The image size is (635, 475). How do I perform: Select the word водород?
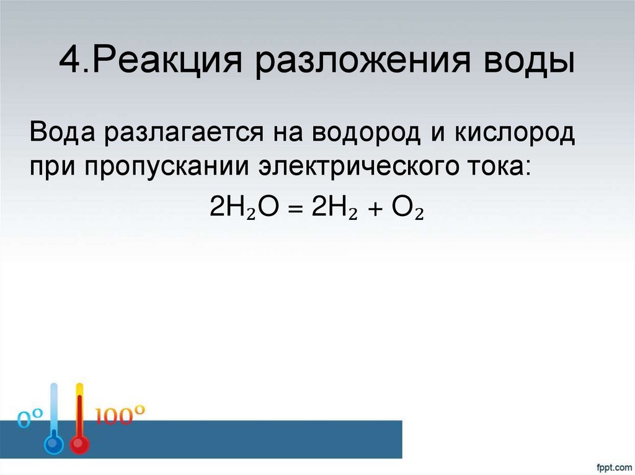[x=360, y=133]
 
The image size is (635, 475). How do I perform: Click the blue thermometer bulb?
[x=53, y=445]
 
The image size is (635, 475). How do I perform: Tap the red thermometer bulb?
[x=79, y=445]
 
